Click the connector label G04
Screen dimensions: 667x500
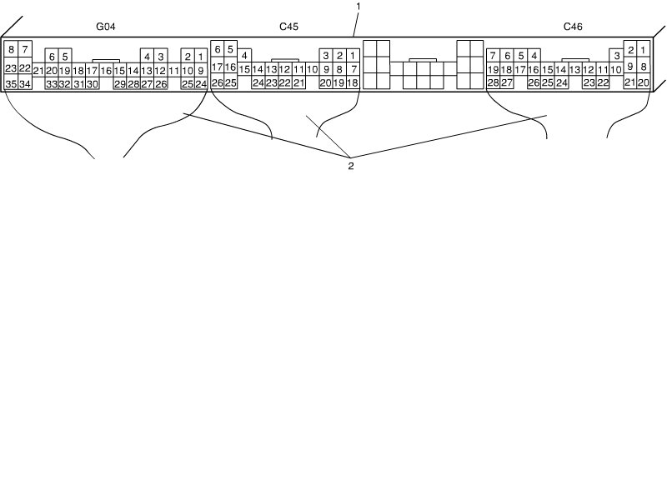point(106,27)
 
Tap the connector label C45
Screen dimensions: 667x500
point(288,27)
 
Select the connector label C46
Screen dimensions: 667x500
point(573,27)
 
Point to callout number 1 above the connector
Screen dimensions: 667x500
point(358,7)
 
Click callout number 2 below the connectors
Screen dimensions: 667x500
point(351,167)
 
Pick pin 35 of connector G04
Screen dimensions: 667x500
point(11,84)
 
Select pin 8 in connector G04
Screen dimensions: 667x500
point(11,50)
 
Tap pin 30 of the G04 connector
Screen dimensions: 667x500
point(92,84)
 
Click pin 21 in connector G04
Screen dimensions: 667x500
point(38,71)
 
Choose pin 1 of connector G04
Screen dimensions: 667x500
point(201,57)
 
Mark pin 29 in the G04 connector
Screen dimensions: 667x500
point(120,84)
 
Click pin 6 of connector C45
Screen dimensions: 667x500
point(218,49)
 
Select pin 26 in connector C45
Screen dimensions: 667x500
point(218,83)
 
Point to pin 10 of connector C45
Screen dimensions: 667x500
point(312,70)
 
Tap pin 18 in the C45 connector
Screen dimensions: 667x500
point(353,83)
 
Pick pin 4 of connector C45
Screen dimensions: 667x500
point(245,56)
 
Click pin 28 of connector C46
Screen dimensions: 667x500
point(493,83)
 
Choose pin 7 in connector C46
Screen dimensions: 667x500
point(493,56)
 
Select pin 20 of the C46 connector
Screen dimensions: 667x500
point(643,83)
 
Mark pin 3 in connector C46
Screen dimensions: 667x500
point(616,56)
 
